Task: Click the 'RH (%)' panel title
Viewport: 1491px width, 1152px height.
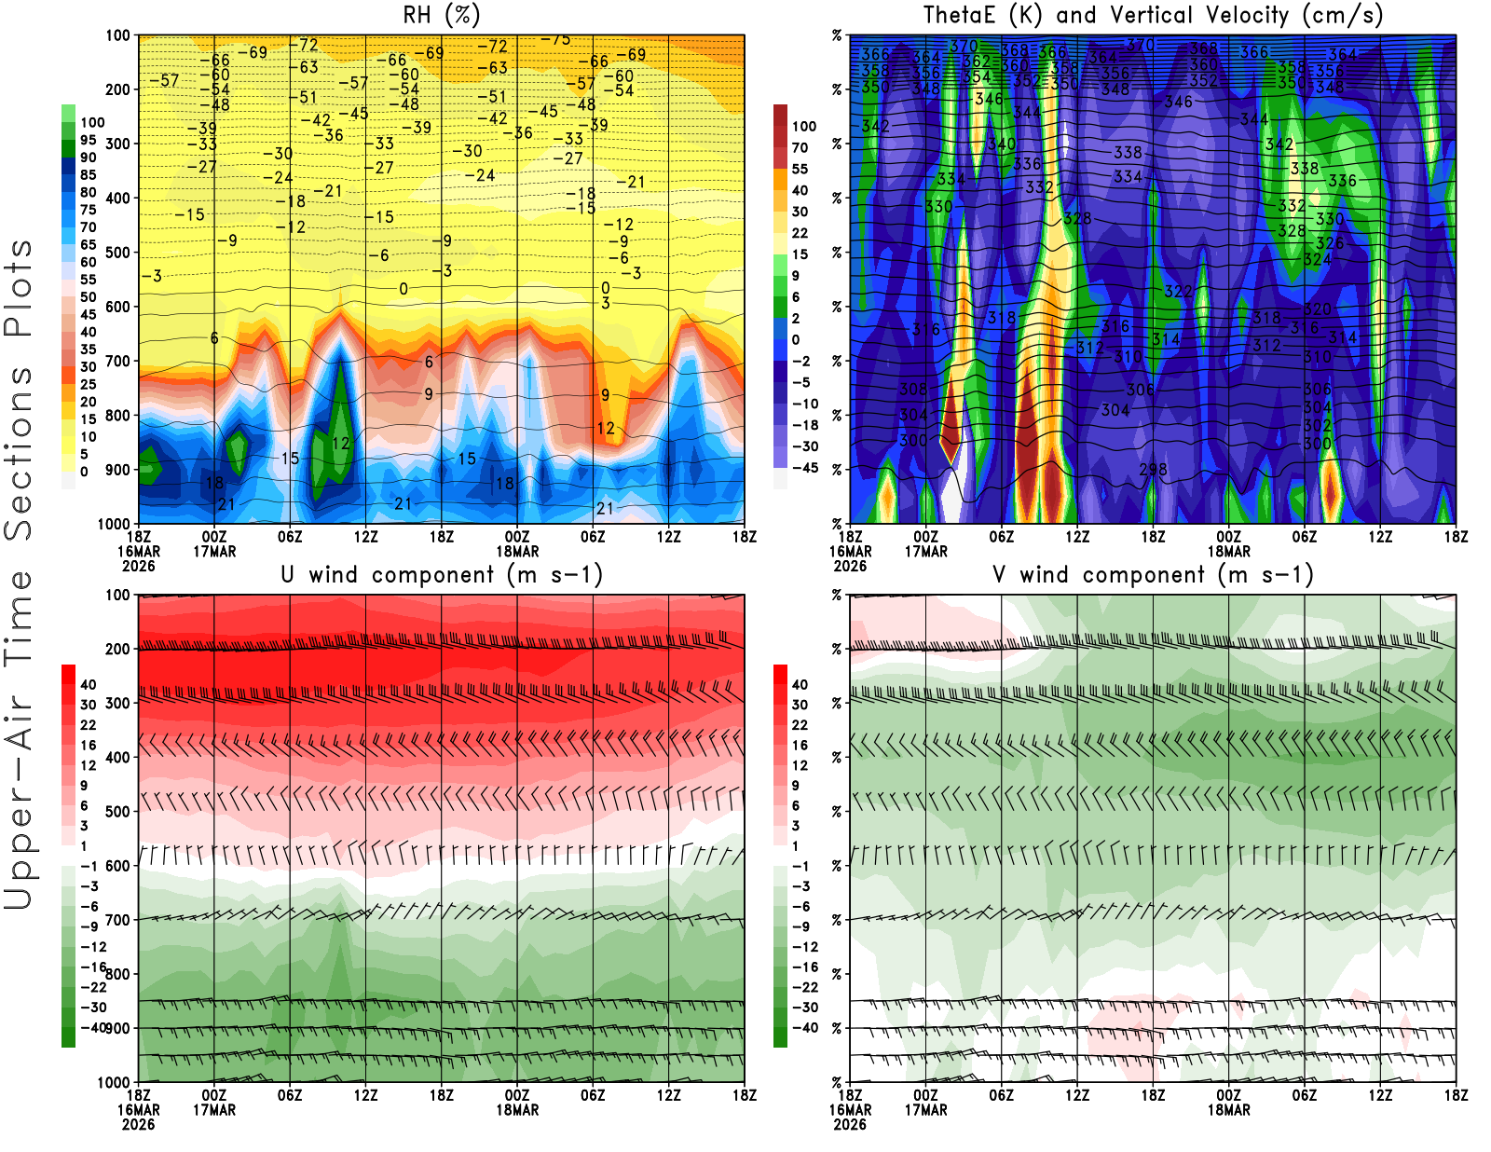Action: (x=441, y=15)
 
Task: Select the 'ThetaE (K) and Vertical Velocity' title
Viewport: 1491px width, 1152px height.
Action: (x=1153, y=15)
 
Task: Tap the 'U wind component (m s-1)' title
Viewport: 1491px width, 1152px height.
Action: (x=442, y=574)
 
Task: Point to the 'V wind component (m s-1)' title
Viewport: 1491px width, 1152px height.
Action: (x=1153, y=574)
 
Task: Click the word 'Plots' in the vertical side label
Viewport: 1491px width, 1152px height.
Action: (x=19, y=288)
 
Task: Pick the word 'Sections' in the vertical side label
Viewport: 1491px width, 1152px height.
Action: (x=19, y=452)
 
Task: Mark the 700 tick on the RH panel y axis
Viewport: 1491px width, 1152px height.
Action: (x=117, y=361)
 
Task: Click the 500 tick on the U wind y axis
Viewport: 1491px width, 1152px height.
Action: (x=117, y=812)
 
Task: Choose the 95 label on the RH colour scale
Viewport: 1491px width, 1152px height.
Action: (x=88, y=140)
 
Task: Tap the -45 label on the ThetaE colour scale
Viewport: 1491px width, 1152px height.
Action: (x=804, y=468)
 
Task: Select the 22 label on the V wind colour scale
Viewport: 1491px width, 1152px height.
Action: (x=800, y=725)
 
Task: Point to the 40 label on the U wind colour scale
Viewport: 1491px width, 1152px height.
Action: (x=88, y=684)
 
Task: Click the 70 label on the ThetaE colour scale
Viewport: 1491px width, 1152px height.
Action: (x=800, y=147)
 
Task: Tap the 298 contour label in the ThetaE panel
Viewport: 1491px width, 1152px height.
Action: (x=1153, y=469)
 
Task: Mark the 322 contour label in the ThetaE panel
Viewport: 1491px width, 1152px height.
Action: (x=1178, y=292)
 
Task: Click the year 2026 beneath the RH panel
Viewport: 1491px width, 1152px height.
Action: (x=138, y=566)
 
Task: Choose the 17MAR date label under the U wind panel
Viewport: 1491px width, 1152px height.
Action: (x=214, y=1110)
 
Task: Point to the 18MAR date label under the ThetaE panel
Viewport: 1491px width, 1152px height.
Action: (x=1228, y=551)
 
